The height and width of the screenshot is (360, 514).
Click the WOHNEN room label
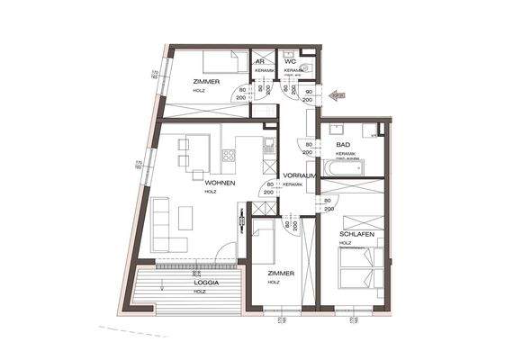220,182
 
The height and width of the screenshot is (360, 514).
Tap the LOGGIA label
206,281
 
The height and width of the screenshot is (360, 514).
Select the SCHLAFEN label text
357,233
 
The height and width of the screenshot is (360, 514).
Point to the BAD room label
342,145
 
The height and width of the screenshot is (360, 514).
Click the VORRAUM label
297,175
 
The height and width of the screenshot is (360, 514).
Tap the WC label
291,61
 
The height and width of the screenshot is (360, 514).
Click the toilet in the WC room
306,67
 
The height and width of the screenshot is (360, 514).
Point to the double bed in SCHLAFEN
359,267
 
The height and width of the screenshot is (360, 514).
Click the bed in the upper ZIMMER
221,61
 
